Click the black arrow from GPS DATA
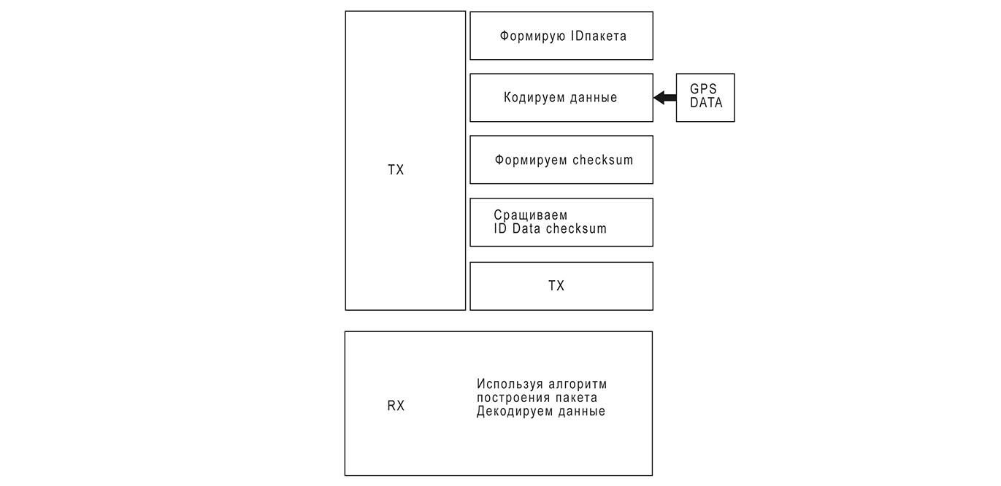[x=664, y=98]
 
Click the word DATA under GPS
[x=706, y=103]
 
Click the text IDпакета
[x=599, y=36]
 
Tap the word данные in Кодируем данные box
[x=592, y=97]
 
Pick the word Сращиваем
[x=530, y=215]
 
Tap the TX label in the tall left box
[x=396, y=170]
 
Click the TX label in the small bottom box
[x=556, y=286]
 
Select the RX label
[x=396, y=406]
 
